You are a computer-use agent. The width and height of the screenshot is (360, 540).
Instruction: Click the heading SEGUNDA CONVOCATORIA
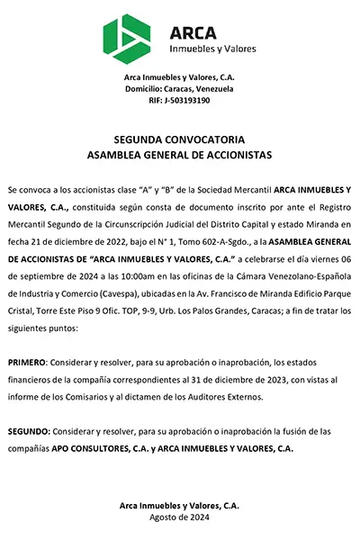179,140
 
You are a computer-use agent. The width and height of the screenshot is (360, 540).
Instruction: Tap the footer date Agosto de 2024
179,517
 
